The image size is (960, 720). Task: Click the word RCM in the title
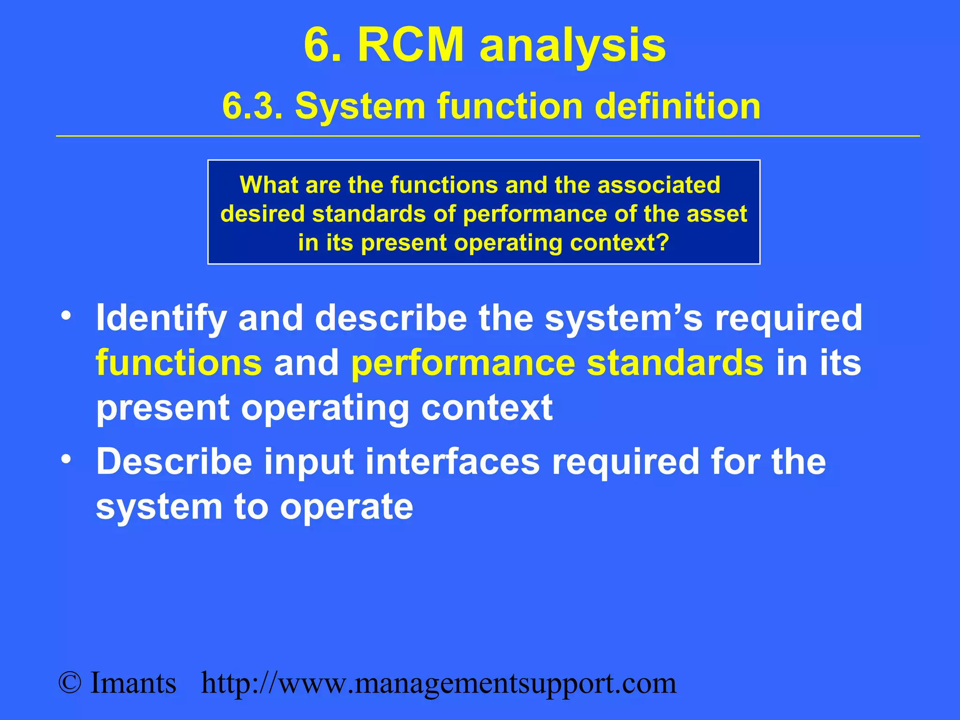[410, 45]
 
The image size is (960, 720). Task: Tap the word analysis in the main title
[572, 45]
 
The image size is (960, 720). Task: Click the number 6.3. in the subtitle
[253, 106]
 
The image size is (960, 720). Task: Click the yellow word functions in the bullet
[179, 363]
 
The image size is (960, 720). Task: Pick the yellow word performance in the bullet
[463, 363]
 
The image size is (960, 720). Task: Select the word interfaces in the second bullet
[452, 462]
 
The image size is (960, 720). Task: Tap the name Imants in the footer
[133, 683]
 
